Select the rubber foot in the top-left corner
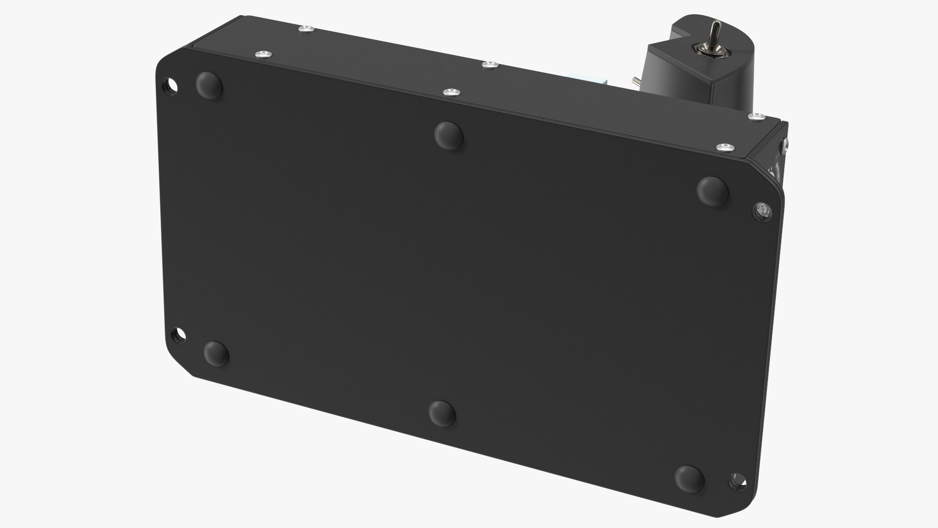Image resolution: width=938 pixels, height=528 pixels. point(209,85)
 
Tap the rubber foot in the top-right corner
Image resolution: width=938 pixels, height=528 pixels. point(713,190)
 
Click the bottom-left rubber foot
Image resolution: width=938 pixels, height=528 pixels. point(215,353)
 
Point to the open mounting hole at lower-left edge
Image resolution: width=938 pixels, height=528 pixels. point(178,335)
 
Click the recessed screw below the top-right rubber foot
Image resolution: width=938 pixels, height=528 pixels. point(762,211)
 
